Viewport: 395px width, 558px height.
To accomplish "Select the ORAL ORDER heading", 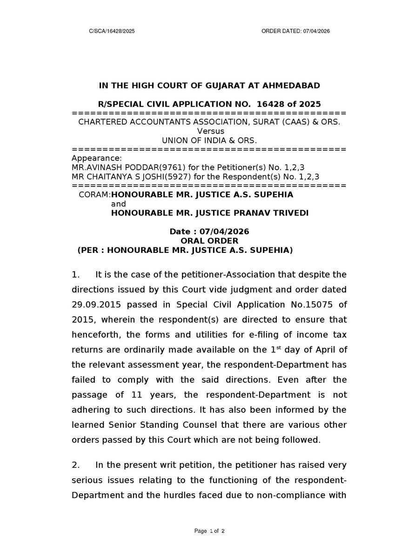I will [x=209, y=240].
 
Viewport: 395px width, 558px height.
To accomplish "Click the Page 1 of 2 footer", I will [x=209, y=531].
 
